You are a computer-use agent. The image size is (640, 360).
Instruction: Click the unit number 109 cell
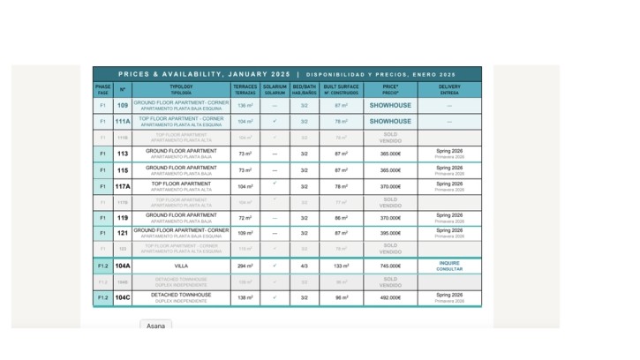123,105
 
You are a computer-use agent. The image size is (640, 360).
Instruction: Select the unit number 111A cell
123,121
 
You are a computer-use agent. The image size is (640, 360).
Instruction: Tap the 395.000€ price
390,233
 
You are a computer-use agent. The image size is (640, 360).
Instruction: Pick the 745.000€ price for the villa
390,266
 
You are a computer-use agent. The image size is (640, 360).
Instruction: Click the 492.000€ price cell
390,297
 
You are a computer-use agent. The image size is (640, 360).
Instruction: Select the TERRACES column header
245,89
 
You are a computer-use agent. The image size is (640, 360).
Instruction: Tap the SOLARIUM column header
275,89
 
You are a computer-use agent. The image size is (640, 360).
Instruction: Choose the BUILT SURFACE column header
341,89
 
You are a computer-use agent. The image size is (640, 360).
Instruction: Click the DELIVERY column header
449,89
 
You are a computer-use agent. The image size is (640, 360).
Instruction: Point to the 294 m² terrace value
245,266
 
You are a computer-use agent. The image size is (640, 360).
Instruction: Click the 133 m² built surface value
341,266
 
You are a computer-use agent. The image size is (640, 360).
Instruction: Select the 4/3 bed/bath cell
305,266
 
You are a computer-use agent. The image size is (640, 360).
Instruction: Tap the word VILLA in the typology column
181,266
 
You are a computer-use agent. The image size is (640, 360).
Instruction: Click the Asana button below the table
155,326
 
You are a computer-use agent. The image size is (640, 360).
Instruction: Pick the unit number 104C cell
123,297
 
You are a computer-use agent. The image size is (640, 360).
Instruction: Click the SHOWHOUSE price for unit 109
390,105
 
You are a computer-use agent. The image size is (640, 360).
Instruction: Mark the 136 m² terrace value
245,105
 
